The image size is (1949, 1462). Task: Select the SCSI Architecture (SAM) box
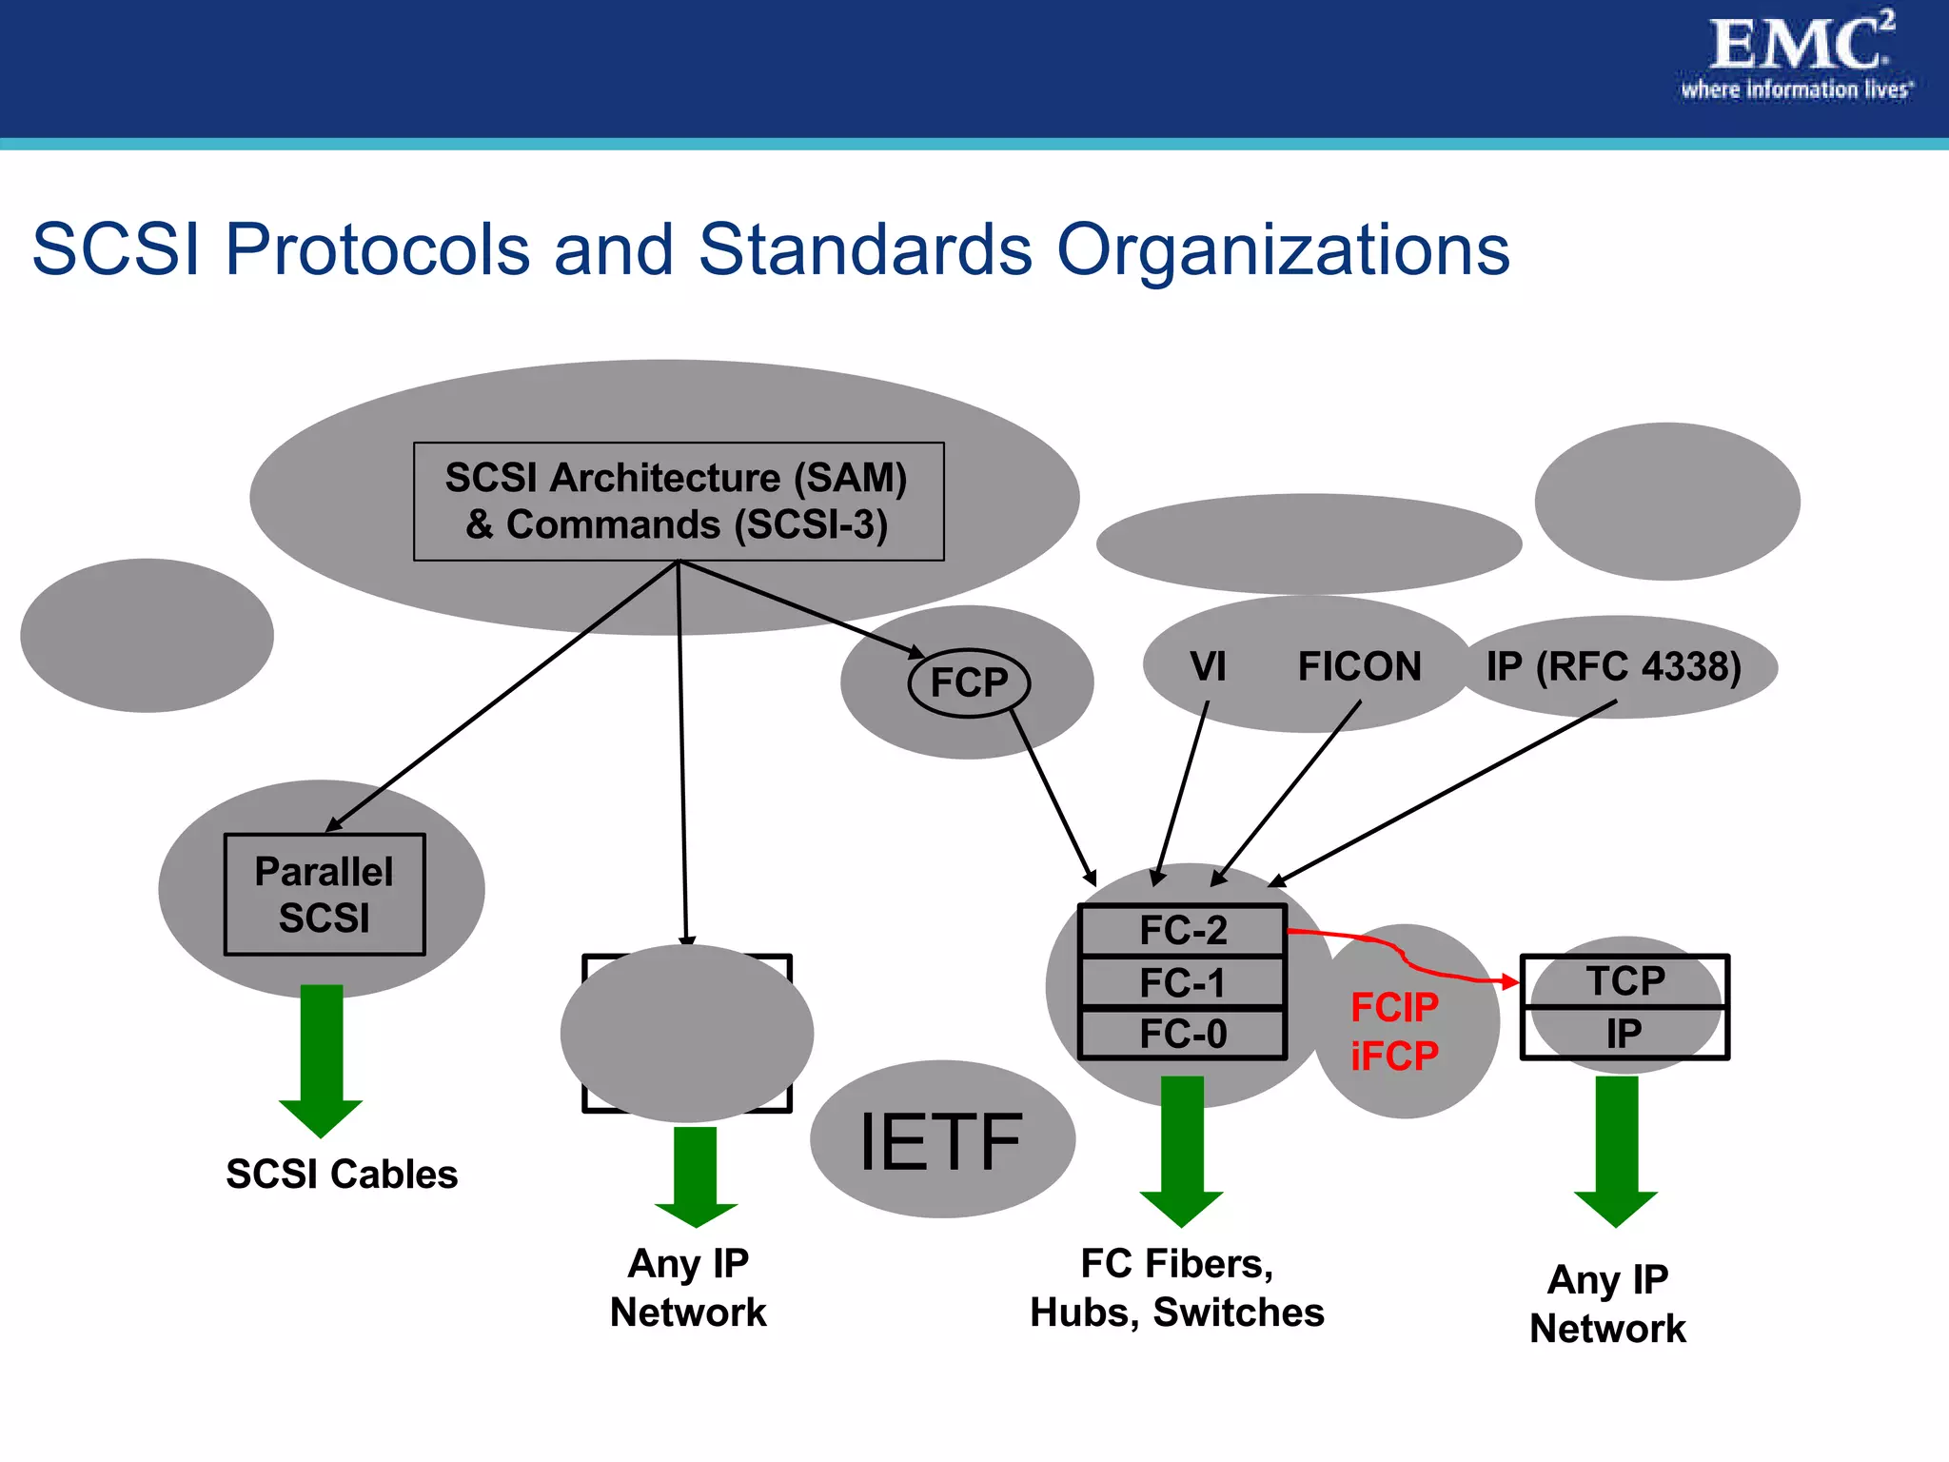click(679, 502)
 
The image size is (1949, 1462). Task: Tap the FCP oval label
click(969, 682)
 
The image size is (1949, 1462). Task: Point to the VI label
click(1208, 666)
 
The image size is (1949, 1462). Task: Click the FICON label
click(1359, 666)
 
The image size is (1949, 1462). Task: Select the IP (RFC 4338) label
click(1614, 666)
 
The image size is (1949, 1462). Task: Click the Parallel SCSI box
click(325, 895)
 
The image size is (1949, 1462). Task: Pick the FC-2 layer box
click(1183, 930)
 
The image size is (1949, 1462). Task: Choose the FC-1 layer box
click(1183, 982)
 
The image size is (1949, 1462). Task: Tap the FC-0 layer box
click(1183, 1034)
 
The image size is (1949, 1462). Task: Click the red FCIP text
click(1394, 1007)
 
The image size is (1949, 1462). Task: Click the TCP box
click(1624, 981)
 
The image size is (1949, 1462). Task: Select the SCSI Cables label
click(342, 1175)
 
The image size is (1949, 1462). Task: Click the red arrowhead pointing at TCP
click(1509, 981)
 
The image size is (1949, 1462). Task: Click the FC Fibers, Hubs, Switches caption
click(1177, 1288)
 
